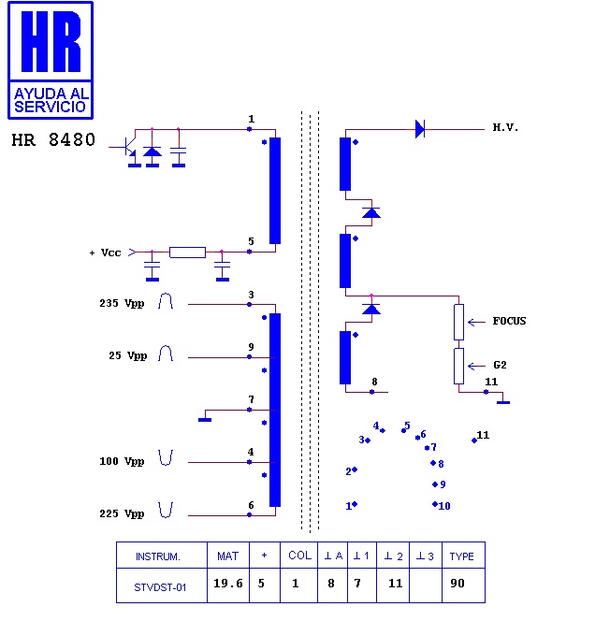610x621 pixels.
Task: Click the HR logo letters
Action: tap(51, 41)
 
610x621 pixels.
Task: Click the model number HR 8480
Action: tap(53, 140)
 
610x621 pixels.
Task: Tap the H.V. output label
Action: tap(505, 127)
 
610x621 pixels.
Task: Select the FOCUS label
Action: tap(509, 321)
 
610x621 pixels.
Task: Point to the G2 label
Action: tap(500, 365)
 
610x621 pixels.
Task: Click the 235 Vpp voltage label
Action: tap(122, 303)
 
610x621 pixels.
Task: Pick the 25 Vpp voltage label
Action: tap(128, 355)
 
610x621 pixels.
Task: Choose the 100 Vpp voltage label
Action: tap(122, 461)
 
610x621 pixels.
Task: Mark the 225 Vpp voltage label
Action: tap(122, 513)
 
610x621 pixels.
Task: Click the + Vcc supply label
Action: tap(106, 253)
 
